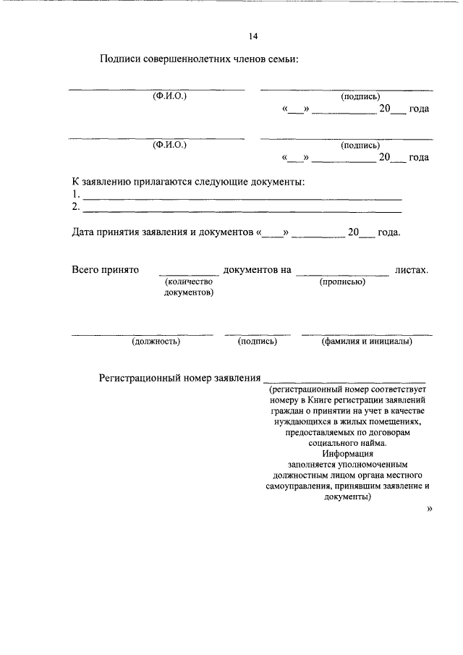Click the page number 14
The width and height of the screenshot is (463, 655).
coord(253,36)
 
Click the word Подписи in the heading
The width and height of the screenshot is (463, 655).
coord(123,59)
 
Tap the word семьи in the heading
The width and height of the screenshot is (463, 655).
coord(280,59)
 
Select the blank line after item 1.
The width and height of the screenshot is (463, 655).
coord(242,197)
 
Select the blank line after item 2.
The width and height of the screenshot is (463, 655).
coord(242,210)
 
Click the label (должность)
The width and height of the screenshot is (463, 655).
coord(156,342)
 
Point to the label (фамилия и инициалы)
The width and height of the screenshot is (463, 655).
coord(367,342)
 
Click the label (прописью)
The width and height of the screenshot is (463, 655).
coord(342,282)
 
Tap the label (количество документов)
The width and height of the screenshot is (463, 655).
coord(189,287)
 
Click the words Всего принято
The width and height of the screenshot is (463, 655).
coord(105,270)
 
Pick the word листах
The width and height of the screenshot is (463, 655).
coord(412,270)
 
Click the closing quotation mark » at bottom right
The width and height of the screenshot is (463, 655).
coord(430,510)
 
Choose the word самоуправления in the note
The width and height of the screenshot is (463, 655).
coord(299,487)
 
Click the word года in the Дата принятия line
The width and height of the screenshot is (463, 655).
coord(388,233)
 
